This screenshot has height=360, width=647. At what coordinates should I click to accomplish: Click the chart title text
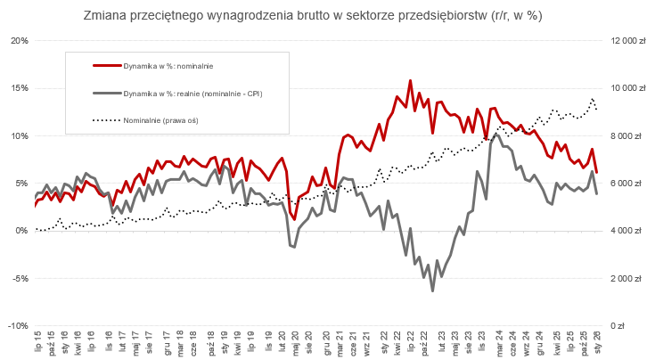(324, 16)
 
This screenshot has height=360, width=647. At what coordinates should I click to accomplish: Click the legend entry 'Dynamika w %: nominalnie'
(168, 66)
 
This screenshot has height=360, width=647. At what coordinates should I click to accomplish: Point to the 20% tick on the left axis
(19, 41)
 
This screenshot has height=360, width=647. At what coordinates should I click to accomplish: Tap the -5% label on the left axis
(20, 278)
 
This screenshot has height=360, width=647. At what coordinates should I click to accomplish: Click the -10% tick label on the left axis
(18, 325)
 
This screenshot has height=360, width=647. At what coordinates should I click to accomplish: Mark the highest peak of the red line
(410, 80)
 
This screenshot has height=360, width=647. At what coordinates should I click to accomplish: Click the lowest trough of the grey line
(433, 290)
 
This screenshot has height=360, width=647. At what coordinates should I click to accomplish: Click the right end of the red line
(596, 172)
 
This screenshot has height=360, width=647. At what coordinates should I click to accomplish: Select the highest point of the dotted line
(593, 99)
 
